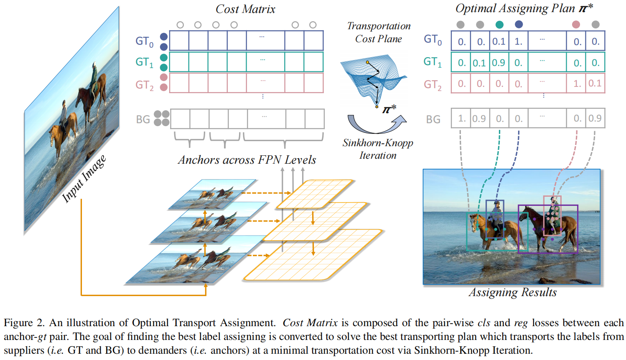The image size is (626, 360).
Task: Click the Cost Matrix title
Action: click(245, 9)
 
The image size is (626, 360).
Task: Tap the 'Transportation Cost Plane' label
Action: click(379, 32)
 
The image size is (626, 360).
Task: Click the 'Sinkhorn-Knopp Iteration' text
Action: click(378, 149)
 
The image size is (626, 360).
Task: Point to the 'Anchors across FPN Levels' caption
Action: click(247, 160)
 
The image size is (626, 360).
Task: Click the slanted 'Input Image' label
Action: click(84, 179)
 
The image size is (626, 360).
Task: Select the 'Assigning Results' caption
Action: click(513, 292)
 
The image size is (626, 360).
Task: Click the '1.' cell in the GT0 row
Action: click(519, 41)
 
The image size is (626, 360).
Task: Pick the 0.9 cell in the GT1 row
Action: click(499, 63)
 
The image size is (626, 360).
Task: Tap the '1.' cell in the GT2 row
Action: click(577, 84)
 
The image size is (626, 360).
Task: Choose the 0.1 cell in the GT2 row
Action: click(595, 84)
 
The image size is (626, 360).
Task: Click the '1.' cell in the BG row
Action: click(461, 119)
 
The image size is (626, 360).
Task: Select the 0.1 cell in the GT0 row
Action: click(499, 41)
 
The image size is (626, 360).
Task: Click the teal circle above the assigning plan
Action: click(499, 25)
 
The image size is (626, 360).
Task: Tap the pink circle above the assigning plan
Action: click(576, 25)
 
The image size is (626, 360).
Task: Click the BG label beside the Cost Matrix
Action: click(143, 119)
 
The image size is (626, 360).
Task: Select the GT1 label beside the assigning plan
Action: click(433, 62)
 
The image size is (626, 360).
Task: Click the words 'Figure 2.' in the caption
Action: click(24, 323)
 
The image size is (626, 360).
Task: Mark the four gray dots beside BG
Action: click(162, 118)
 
